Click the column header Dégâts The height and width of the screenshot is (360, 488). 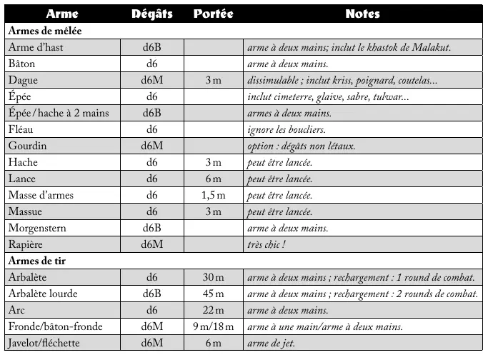pos(151,14)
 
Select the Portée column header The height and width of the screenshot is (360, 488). pos(212,14)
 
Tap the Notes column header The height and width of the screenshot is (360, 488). pos(362,14)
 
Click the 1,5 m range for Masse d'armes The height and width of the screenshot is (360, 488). pos(212,195)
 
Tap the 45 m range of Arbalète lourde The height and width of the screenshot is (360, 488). pos(212,294)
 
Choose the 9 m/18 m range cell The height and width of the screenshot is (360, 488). pos(212,326)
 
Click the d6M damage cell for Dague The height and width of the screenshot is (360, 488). pos(151,80)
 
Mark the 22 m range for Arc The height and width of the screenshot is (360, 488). pos(212,310)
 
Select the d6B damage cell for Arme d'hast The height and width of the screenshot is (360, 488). pos(151,47)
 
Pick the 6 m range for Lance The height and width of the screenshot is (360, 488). pos(212,179)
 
